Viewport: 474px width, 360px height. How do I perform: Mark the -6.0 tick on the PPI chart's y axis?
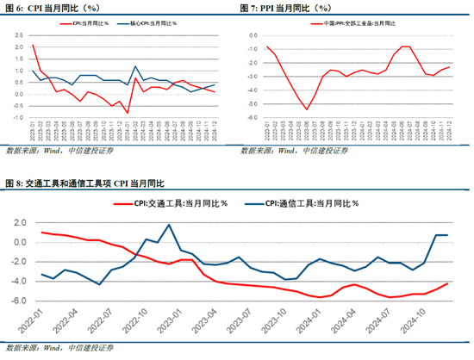tap(250, 127)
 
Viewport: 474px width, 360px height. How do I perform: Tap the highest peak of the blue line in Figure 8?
tap(169, 225)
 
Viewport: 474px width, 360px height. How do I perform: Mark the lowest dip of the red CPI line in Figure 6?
tap(127, 113)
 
